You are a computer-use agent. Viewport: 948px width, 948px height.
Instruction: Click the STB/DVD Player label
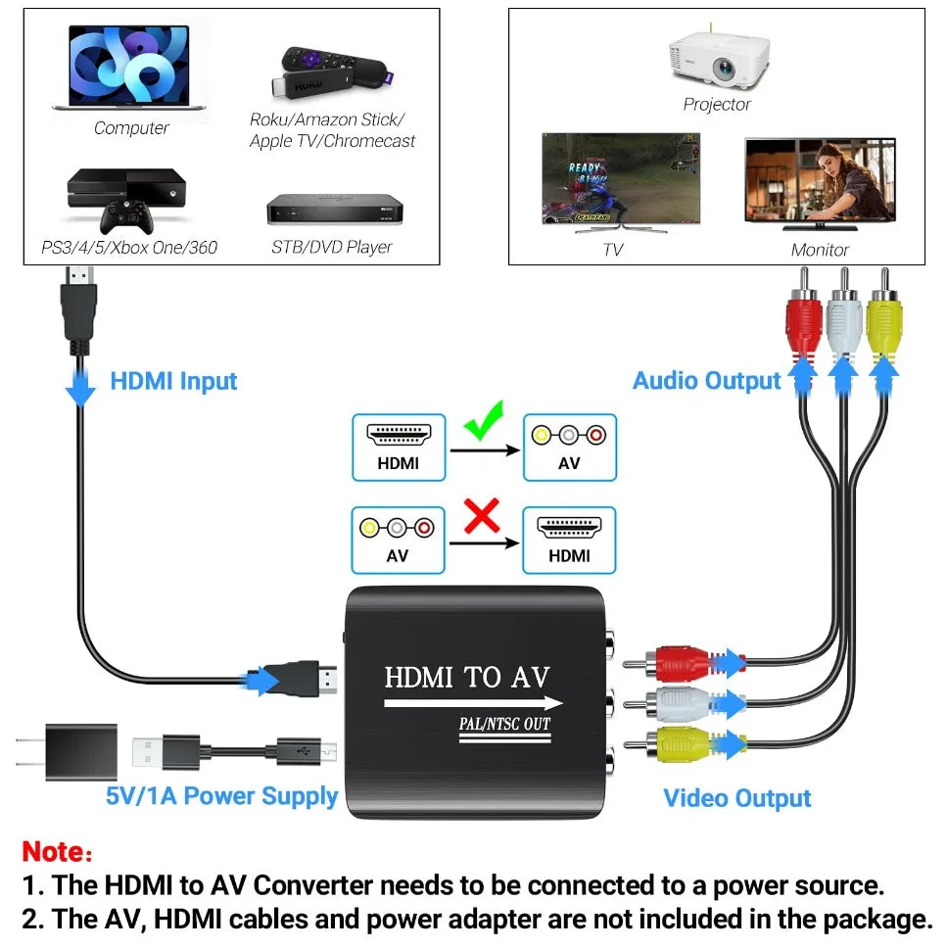click(x=331, y=247)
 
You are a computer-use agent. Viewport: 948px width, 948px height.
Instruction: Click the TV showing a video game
click(x=622, y=182)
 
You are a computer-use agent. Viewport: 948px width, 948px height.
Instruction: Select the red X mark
click(x=481, y=516)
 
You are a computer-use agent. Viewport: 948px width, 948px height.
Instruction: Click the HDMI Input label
click(x=173, y=381)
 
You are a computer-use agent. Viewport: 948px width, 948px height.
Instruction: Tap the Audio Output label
click(x=706, y=381)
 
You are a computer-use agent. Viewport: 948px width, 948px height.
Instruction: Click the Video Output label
click(x=736, y=798)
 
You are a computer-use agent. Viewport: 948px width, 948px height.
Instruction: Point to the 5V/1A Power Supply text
click(x=221, y=795)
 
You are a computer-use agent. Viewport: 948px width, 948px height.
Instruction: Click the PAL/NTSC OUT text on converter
click(x=504, y=725)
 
